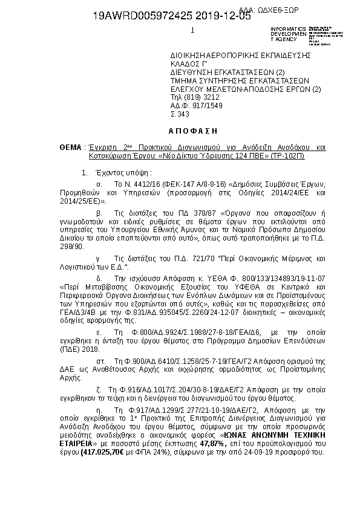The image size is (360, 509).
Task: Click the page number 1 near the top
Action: click(192, 30)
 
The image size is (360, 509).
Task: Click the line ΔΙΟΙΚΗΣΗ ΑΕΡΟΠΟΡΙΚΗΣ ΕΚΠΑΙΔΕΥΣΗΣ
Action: click(240, 54)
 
